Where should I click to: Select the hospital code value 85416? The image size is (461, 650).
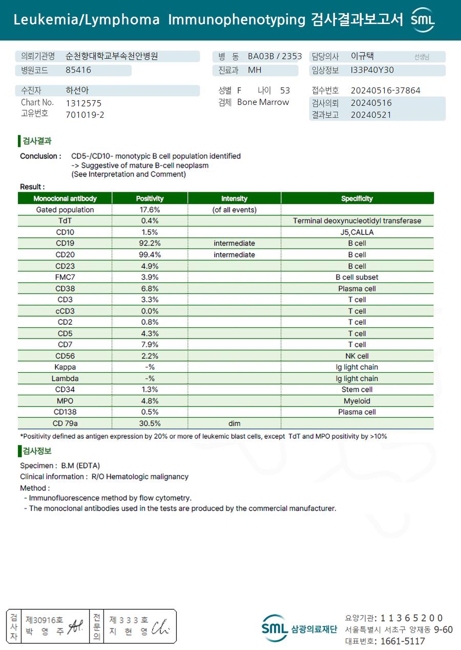coord(78,70)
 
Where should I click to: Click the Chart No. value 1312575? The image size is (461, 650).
coord(83,103)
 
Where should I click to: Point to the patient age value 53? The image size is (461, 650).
coord(285,91)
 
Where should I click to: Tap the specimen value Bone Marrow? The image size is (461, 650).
coord(263,102)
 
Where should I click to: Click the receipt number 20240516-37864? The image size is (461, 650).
coord(385,91)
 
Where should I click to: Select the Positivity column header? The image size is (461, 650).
coord(150,198)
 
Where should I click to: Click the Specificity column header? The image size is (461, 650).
coord(357,198)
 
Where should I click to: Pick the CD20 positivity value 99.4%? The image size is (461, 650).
coord(150,255)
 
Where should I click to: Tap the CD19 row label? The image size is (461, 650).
coord(65,243)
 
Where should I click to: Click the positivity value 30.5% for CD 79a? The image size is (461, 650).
coord(150,423)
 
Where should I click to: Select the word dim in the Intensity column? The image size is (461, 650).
coord(234,423)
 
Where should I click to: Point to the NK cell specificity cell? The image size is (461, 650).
coord(357,356)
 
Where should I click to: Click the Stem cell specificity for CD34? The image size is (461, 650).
coord(357,390)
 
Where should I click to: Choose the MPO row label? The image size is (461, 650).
coord(65,401)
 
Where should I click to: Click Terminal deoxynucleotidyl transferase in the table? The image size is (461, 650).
coord(357,221)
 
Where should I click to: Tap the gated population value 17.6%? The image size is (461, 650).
coord(150,210)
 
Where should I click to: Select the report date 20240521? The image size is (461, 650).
coord(371,115)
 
